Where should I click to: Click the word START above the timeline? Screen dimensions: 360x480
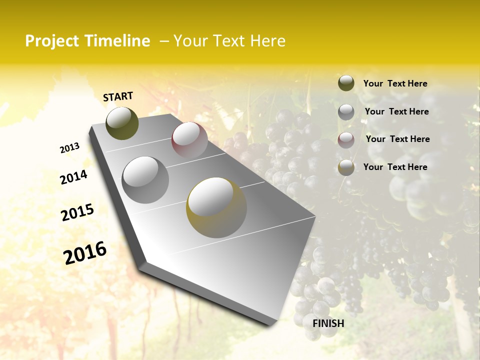coord(118,96)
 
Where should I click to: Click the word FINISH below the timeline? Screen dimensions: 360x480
coord(328,323)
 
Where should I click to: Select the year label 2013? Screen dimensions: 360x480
coord(69,148)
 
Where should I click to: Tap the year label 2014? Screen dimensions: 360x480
coord(73,177)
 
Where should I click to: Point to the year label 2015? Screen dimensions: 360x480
coord(77,213)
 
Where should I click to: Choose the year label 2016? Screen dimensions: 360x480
coord(85,253)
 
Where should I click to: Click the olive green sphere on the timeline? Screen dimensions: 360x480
coord(122,123)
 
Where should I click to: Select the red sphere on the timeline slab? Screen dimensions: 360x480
coord(189,139)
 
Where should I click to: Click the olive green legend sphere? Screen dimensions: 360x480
coord(346,83)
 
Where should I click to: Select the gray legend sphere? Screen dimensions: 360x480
coord(346,112)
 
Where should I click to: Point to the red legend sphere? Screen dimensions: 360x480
coord(346,140)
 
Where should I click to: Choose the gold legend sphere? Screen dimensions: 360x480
coord(346,168)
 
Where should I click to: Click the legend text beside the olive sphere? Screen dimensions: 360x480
coord(395,83)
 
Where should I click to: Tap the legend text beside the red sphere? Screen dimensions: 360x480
coord(397,139)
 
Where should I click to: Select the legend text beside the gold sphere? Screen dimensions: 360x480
coord(395,167)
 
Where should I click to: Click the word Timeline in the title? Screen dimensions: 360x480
coord(120,41)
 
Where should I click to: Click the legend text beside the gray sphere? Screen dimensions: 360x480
coord(396,111)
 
